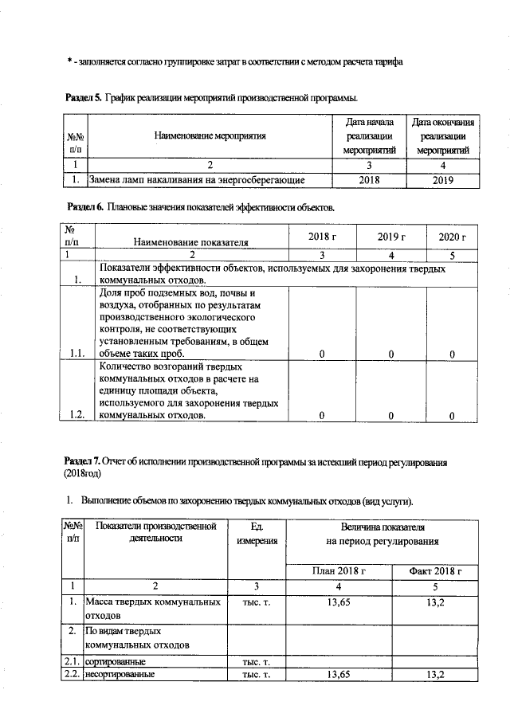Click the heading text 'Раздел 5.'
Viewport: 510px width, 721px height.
pos(82,98)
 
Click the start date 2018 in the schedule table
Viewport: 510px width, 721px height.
pos(369,181)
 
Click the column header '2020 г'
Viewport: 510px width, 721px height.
pos(452,237)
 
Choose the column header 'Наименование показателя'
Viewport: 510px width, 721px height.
pos(190,241)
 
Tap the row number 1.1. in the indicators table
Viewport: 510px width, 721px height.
pos(77,354)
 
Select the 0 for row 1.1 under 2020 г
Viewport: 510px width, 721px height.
pos(452,354)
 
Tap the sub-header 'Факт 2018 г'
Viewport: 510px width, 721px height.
pos(435,571)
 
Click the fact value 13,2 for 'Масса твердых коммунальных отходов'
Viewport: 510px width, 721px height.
pos(435,602)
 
